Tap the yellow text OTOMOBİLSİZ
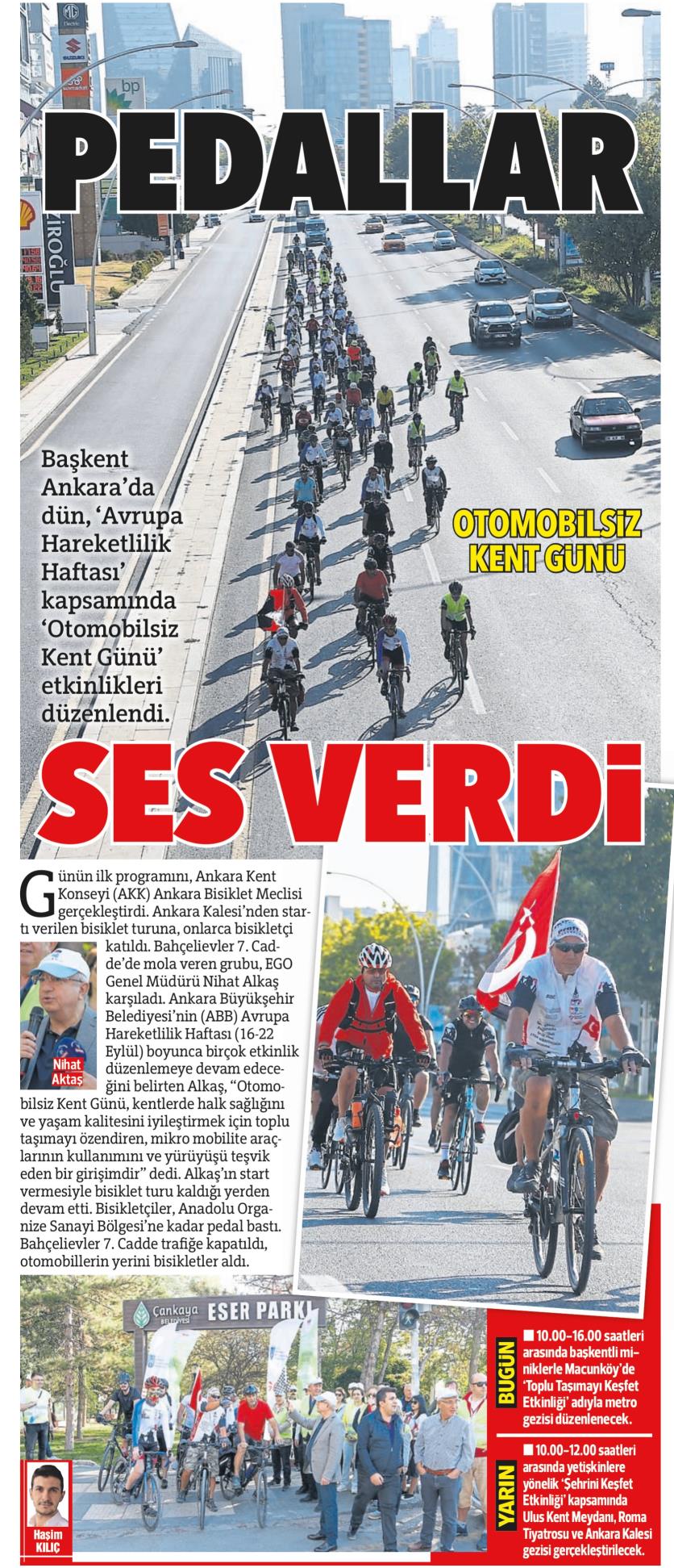547,526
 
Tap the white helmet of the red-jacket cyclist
375,955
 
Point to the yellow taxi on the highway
392,240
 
